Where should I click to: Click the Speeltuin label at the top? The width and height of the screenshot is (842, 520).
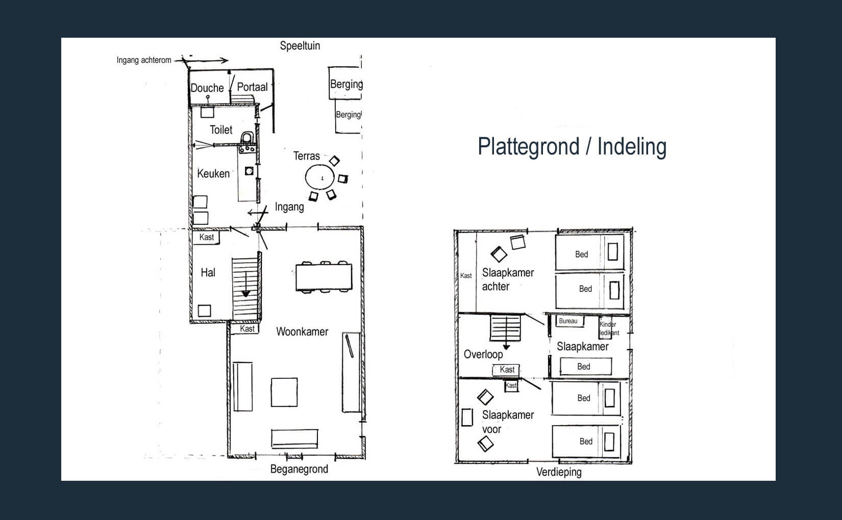[300, 46]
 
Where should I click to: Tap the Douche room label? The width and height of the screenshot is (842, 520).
[207, 88]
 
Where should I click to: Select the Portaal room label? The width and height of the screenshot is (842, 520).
[252, 87]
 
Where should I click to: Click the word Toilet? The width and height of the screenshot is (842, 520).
[221, 130]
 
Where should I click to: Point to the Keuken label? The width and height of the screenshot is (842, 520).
[213, 173]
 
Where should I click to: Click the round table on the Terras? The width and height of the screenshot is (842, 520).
[319, 177]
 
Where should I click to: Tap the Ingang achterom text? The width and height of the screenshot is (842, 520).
[143, 60]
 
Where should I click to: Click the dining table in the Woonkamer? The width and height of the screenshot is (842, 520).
[324, 277]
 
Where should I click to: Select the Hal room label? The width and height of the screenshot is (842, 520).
[208, 273]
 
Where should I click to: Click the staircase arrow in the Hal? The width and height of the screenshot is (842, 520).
[246, 284]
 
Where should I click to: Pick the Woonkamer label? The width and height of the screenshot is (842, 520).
[302, 331]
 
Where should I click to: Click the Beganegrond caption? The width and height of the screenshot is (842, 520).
[299, 470]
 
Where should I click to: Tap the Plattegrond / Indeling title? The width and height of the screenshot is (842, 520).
[572, 146]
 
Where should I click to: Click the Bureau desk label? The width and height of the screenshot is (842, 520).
[568, 321]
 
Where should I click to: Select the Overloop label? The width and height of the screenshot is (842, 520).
[483, 354]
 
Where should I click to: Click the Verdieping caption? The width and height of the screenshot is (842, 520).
[559, 472]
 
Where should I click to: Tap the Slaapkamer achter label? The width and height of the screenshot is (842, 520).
[508, 280]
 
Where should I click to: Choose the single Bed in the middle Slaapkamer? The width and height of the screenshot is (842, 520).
[586, 367]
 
